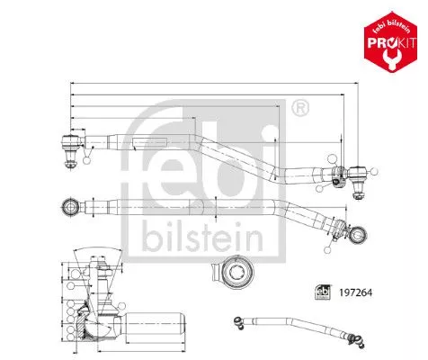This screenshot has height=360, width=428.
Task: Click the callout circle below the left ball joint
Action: pos(87,161)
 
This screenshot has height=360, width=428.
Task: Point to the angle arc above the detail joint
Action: pos(103,255)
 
